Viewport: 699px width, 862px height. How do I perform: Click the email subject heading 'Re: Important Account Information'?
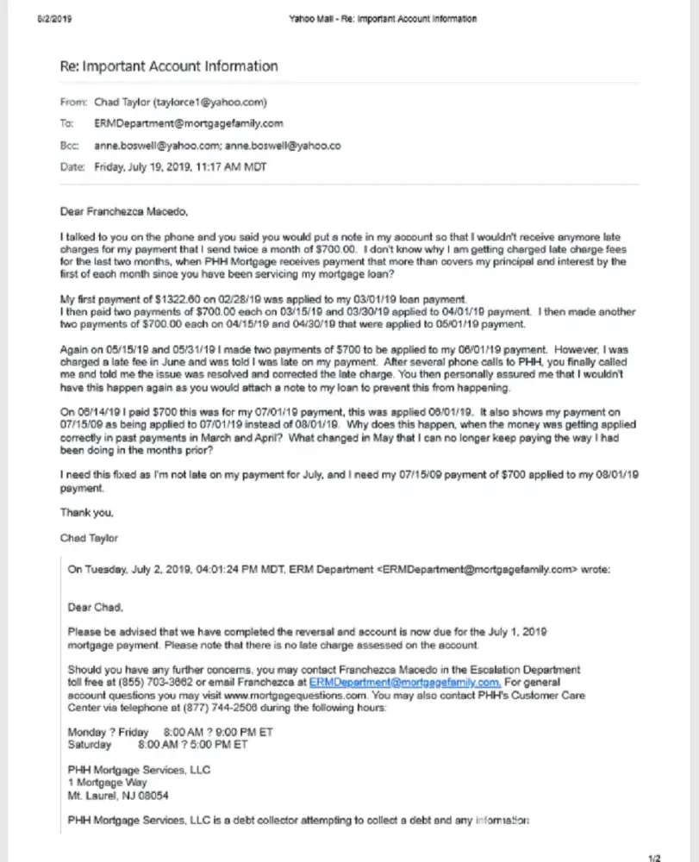168,66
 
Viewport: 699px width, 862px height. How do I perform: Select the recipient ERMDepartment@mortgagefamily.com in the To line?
188,123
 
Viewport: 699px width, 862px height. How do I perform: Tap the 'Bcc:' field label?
70,146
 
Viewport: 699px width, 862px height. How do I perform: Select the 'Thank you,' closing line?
86,512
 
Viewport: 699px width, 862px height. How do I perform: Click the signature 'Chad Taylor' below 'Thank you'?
89,538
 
